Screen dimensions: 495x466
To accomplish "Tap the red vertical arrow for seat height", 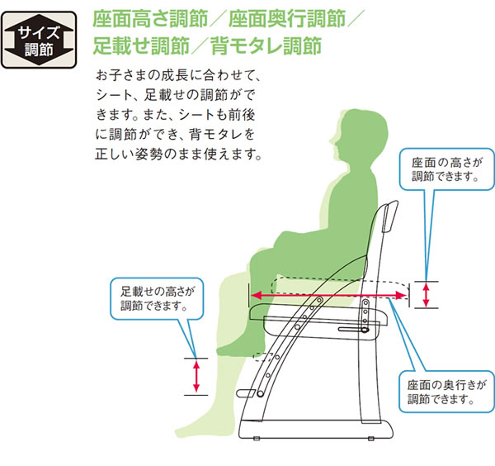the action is tap(426, 294).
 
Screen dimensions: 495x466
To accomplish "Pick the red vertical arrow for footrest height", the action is tap(196, 376).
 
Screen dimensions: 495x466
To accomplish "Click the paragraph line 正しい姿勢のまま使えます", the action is tap(178, 153).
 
